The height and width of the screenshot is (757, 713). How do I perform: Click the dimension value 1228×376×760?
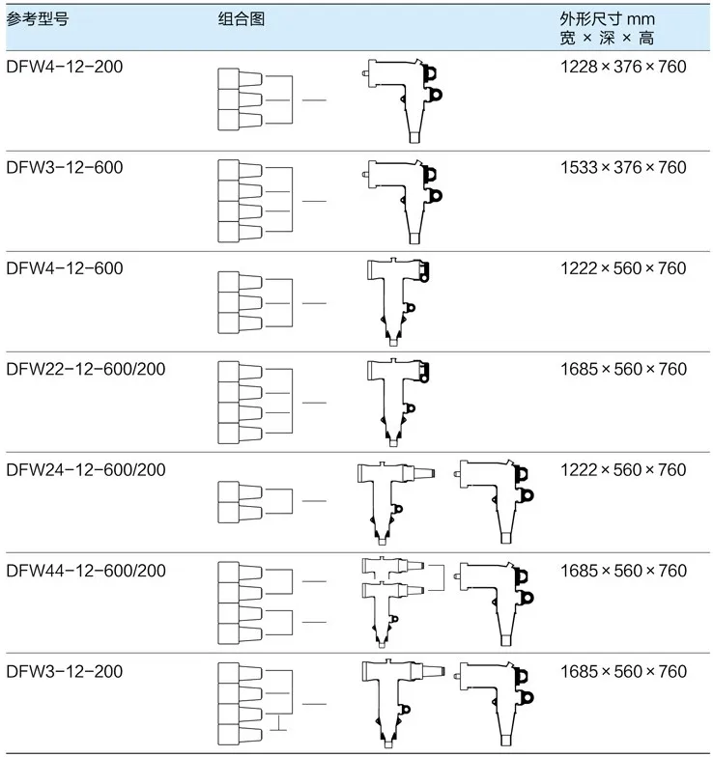point(623,67)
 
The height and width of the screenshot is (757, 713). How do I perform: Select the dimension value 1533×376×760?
point(623,167)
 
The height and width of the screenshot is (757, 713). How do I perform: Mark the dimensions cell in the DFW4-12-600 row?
point(623,267)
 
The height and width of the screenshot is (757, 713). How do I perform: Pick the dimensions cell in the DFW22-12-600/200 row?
point(623,369)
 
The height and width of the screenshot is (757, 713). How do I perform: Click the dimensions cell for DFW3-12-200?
point(623,671)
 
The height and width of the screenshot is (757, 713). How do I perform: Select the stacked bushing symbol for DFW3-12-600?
point(239,201)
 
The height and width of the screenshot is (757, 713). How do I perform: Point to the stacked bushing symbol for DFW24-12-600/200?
point(239,501)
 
